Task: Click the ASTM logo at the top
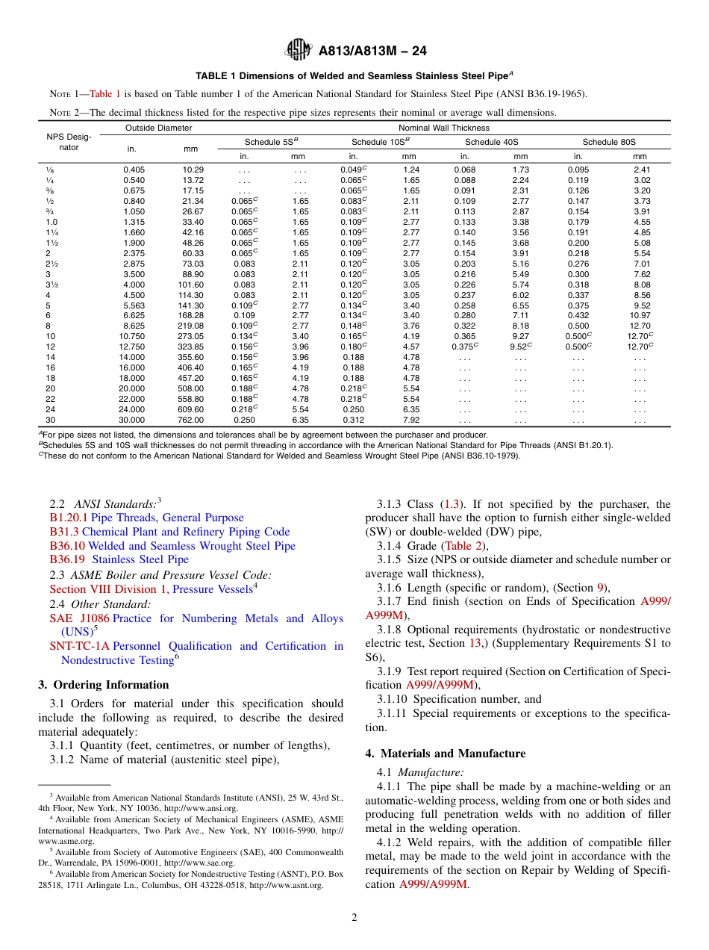coord(299,52)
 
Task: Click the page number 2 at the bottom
coord(354,917)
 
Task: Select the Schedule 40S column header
coord(492,142)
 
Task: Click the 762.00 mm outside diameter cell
coord(193,420)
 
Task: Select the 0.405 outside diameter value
coord(134,170)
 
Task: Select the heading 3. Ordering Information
coord(103,685)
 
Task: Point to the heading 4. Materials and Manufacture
coord(445,754)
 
